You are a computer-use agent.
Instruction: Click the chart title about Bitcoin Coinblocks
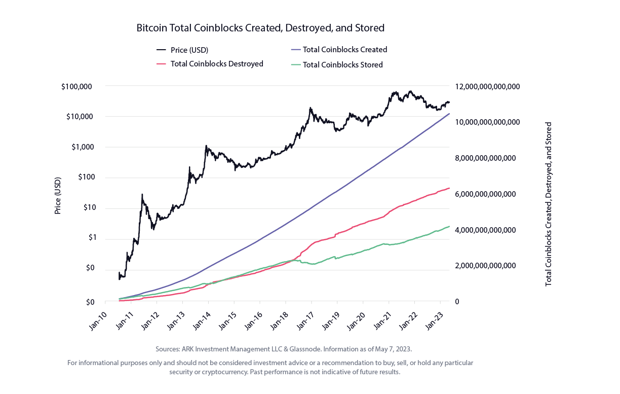(260, 28)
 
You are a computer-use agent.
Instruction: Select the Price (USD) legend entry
(182, 50)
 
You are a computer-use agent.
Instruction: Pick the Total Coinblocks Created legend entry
(339, 50)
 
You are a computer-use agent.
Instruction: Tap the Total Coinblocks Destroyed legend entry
(210, 64)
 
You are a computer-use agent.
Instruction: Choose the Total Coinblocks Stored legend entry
(337, 64)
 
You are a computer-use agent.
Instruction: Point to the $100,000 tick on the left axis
(76, 87)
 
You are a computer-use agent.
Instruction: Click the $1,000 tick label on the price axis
(83, 147)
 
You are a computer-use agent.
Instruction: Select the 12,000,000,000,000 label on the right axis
(487, 87)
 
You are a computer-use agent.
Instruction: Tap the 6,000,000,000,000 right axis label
(485, 194)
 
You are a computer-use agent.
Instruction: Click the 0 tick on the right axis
(457, 301)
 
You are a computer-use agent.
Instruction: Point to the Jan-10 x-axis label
(98, 321)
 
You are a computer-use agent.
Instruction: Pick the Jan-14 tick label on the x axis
(202, 321)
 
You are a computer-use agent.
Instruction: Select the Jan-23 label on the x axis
(434, 321)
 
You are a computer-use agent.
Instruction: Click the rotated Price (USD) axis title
(58, 196)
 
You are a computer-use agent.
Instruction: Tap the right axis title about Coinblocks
(548, 204)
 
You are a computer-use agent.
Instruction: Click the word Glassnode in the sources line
(305, 349)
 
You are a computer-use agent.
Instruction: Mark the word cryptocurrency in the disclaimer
(224, 372)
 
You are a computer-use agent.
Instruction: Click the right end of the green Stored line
(449, 226)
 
